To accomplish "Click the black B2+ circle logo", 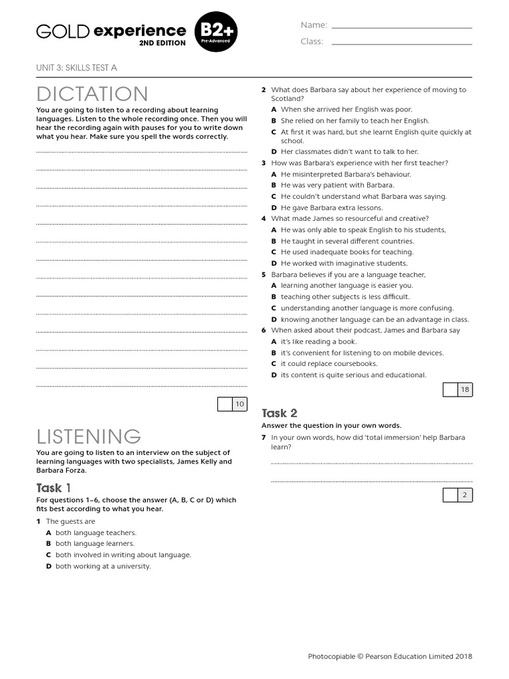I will tap(215, 32).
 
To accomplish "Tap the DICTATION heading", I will tap(92, 94).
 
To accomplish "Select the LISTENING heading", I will tap(89, 436).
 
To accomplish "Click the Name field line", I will tap(402, 28).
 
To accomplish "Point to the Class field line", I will tap(402, 44).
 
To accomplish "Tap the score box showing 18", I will tap(457, 390).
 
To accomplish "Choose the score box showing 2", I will tap(457, 495).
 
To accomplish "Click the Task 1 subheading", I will tap(58, 488).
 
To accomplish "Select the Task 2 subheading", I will tap(280, 413).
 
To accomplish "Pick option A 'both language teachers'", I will tap(95, 532).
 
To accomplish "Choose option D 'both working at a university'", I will tap(103, 566).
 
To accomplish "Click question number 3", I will tap(264, 163).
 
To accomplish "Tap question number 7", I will tap(264, 438).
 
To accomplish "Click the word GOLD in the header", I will tap(62, 31).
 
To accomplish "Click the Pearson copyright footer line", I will tap(390, 656).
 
